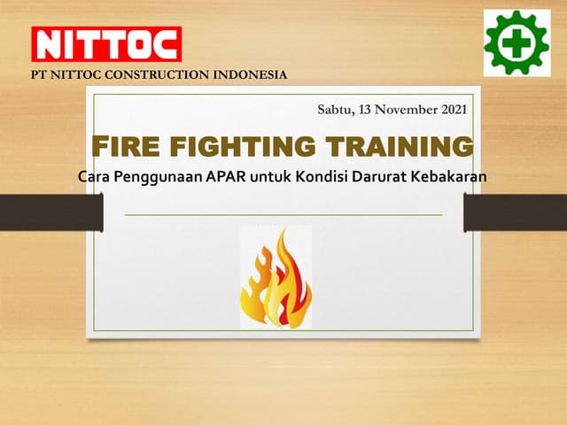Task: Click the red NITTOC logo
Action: pos(106,43)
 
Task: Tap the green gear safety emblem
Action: pos(517,42)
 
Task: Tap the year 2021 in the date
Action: pos(447,110)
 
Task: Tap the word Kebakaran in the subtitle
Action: pos(451,175)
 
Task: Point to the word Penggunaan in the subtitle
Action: pos(154,175)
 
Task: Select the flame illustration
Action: pos(276,278)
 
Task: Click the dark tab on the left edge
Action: pos(51,211)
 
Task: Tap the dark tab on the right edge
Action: pos(515,211)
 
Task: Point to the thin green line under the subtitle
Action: pos(283,215)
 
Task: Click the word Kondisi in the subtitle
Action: pos(327,175)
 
